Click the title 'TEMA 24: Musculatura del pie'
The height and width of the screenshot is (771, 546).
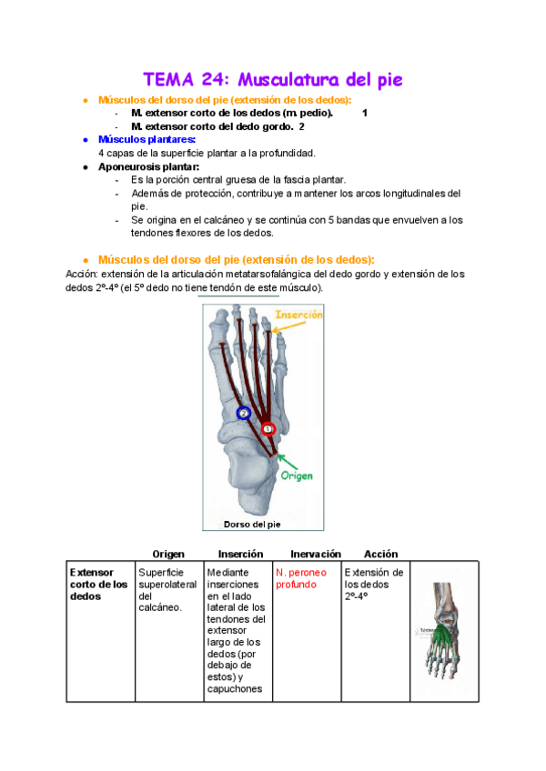click(x=273, y=79)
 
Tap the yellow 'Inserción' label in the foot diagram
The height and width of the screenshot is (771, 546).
click(x=299, y=315)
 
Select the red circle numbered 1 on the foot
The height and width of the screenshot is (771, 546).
click(x=268, y=427)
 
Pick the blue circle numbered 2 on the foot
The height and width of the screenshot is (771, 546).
click(x=243, y=413)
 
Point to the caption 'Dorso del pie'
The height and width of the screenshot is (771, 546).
click(x=252, y=525)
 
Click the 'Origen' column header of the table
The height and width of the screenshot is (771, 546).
click(x=168, y=554)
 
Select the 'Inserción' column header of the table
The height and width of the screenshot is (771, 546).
click(x=240, y=554)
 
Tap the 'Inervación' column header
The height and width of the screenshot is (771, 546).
click(x=315, y=554)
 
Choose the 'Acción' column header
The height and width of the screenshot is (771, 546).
click(x=380, y=554)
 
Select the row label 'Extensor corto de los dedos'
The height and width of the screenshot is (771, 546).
click(x=98, y=585)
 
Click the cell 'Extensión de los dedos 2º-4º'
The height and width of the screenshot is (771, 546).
click(x=373, y=585)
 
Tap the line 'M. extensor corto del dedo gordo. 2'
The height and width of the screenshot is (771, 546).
click(x=217, y=126)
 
